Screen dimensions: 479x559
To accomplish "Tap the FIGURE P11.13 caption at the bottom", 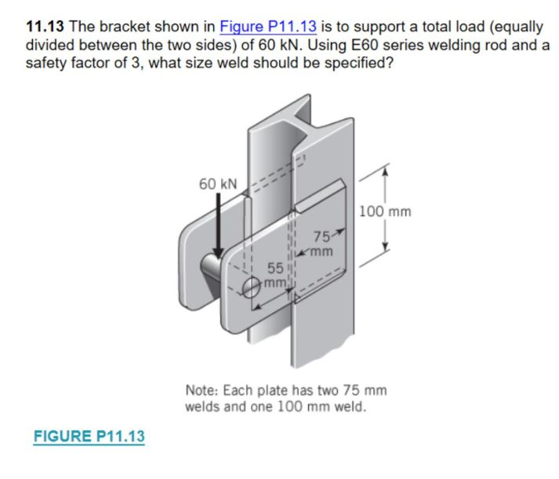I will [x=89, y=437].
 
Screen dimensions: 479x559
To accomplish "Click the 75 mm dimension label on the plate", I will [x=324, y=243].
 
